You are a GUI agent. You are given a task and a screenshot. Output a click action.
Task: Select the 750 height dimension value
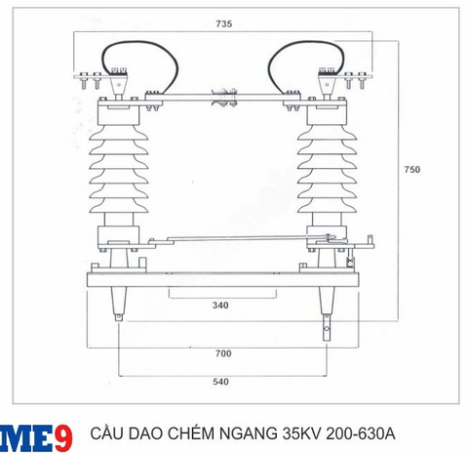pyautogui.click(x=412, y=170)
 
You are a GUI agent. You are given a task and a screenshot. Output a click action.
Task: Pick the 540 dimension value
pyautogui.click(x=220, y=384)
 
